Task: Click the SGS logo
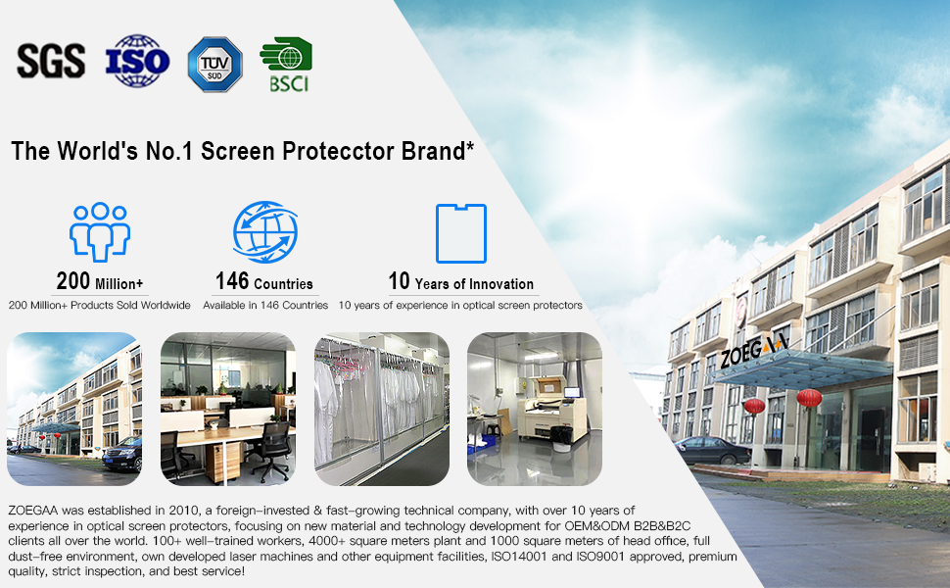(51, 61)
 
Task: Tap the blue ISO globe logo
(137, 61)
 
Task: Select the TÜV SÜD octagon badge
(215, 65)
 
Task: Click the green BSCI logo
(286, 65)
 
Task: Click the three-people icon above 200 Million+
(100, 232)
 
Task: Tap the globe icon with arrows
(265, 232)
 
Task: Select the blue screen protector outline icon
(461, 233)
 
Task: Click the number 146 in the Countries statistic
(232, 281)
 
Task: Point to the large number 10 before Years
(400, 281)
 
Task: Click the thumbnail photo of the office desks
(228, 409)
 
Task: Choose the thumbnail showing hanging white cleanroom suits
(382, 409)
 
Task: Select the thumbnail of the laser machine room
(535, 409)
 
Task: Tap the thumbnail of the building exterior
(73, 409)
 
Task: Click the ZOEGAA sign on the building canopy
(754, 350)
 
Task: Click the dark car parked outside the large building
(713, 450)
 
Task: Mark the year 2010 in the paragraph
(183, 511)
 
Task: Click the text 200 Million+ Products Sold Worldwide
(99, 305)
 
